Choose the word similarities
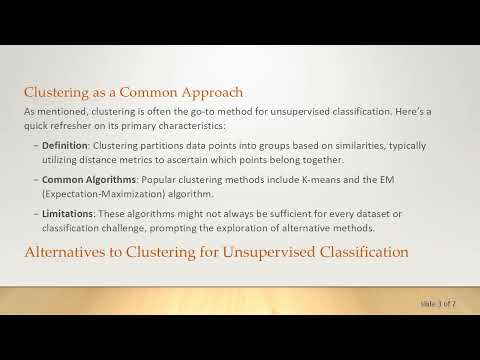tap(336, 145)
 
